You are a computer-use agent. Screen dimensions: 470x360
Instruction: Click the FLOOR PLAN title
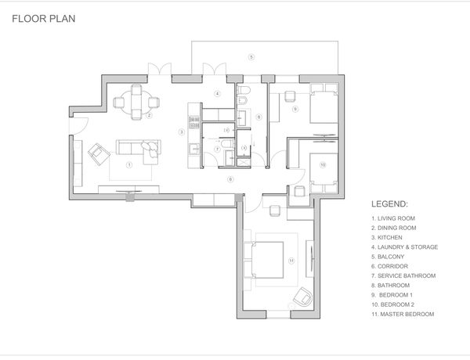click(x=44, y=19)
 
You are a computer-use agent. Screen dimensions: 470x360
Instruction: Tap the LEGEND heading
click(x=389, y=204)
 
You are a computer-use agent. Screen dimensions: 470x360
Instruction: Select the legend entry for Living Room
click(x=393, y=218)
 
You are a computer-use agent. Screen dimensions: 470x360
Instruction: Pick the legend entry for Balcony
click(x=388, y=257)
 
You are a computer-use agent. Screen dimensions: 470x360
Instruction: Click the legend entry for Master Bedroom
click(x=403, y=314)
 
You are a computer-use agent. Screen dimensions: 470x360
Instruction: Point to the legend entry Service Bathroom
click(x=403, y=275)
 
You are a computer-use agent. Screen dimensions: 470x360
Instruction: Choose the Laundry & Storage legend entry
click(x=405, y=247)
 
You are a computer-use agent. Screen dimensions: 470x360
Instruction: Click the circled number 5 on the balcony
click(x=251, y=56)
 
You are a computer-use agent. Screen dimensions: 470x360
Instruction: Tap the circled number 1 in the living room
click(x=129, y=164)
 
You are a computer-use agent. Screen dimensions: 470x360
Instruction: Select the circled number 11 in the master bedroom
click(x=291, y=261)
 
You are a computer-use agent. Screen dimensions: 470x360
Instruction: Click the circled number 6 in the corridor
click(x=230, y=179)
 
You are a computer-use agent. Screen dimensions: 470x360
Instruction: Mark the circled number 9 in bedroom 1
click(x=295, y=109)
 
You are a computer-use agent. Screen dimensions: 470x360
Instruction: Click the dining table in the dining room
click(x=136, y=103)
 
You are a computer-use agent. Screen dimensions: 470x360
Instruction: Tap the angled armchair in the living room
click(x=99, y=154)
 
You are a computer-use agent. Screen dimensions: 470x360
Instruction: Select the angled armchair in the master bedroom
click(x=302, y=297)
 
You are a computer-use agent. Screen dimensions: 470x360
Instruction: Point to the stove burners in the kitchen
click(x=194, y=123)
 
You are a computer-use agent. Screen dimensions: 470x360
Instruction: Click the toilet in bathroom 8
click(x=243, y=90)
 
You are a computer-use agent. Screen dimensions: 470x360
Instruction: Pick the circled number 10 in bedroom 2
click(x=323, y=164)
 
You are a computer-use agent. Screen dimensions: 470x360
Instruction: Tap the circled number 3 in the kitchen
click(x=182, y=131)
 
